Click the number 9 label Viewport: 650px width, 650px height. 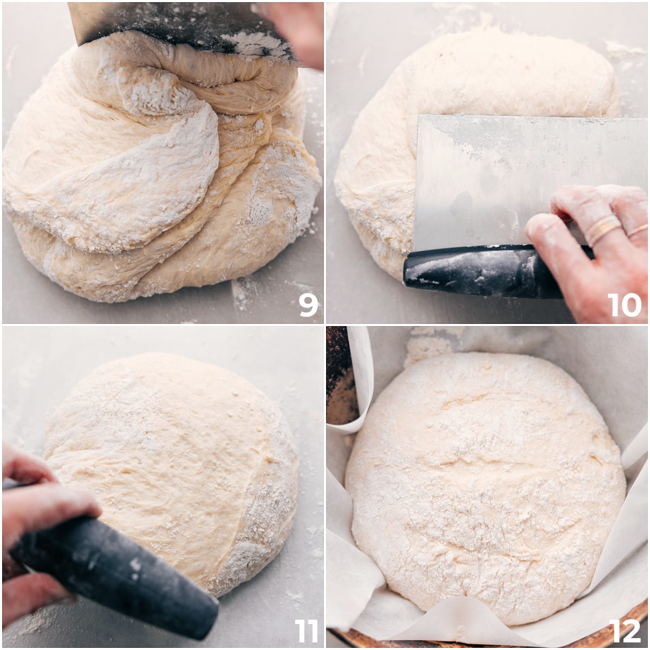[x=308, y=305]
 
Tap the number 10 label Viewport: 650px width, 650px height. [x=624, y=305]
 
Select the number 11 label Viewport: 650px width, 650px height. [x=306, y=630]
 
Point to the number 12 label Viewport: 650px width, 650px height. [x=625, y=630]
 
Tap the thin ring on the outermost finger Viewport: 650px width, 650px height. [x=637, y=230]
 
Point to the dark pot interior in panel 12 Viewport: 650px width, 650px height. [x=339, y=379]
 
